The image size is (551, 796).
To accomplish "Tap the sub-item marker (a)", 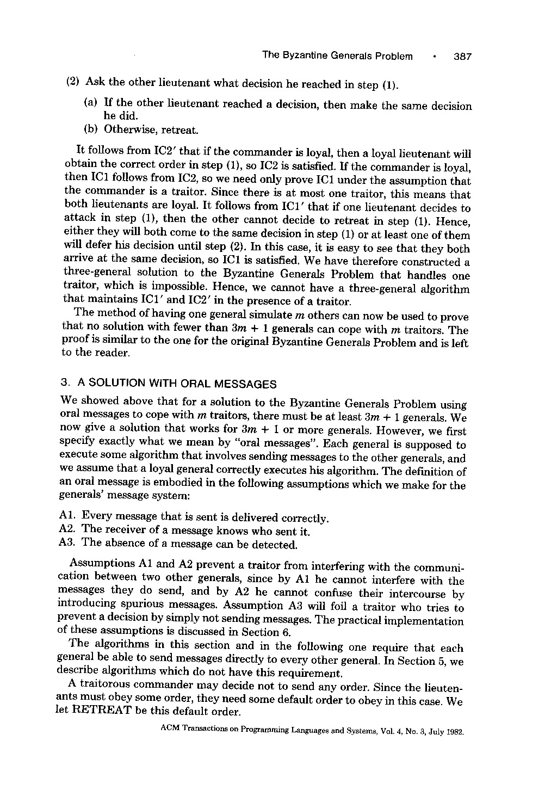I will pyautogui.click(x=91, y=103).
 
